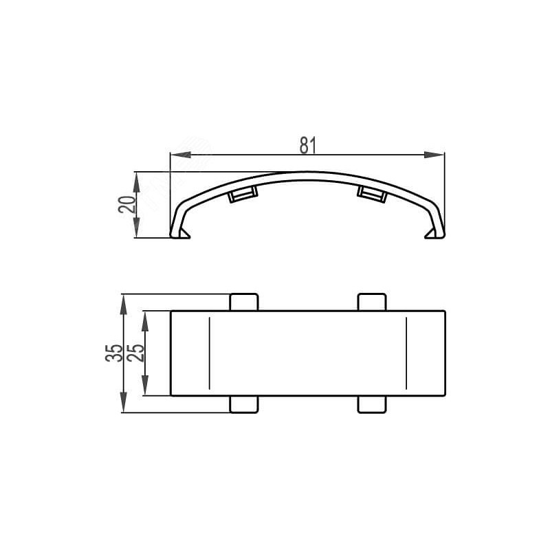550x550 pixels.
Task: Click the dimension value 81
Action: click(x=308, y=145)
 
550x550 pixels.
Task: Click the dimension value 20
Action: click(x=127, y=204)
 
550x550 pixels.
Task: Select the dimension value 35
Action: click(x=114, y=353)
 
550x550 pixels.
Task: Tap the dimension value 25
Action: click(x=135, y=353)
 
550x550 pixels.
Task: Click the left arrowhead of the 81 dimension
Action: click(x=180, y=155)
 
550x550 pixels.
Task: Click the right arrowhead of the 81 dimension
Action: click(x=434, y=155)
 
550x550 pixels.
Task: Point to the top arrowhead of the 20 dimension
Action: click(x=137, y=181)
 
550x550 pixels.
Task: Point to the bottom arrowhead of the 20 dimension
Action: click(x=137, y=228)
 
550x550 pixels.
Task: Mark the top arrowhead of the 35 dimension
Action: click(x=123, y=305)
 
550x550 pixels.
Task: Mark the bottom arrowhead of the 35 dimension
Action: click(x=123, y=402)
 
